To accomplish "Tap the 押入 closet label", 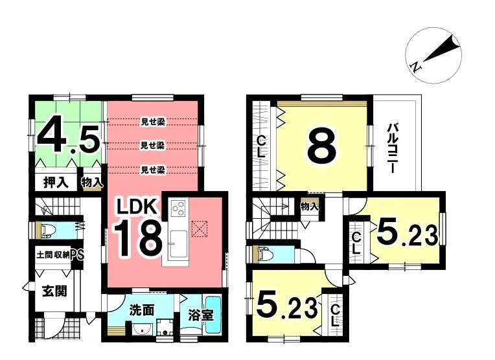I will pyautogui.click(x=56, y=182).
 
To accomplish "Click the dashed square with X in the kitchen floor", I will pyautogui.click(x=201, y=228).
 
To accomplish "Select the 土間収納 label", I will pyautogui.click(x=52, y=254).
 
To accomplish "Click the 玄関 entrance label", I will pyautogui.click(x=54, y=291).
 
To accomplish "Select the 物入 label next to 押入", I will pyautogui.click(x=91, y=183).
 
